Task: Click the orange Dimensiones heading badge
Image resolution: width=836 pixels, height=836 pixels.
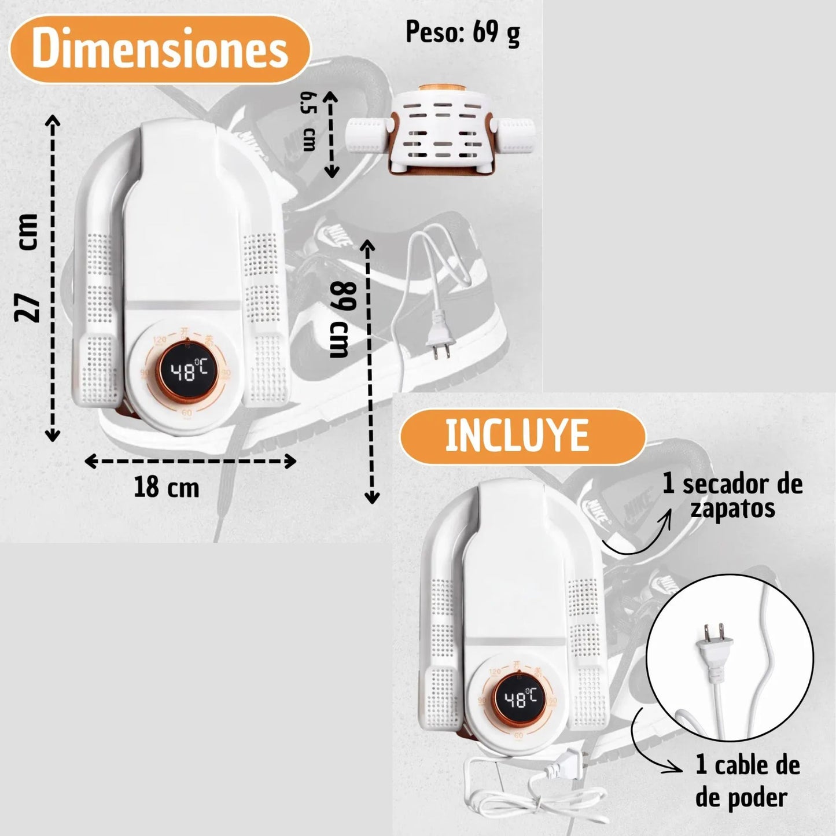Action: [x=160, y=49]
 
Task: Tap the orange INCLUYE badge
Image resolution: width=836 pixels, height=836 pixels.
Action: [x=522, y=437]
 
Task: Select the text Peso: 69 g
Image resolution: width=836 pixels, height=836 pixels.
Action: [x=462, y=33]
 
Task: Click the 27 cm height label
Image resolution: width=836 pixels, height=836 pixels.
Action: [x=27, y=267]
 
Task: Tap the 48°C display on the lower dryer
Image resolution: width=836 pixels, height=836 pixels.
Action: [x=521, y=699]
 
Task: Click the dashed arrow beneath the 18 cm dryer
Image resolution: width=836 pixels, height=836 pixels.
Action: [x=190, y=461]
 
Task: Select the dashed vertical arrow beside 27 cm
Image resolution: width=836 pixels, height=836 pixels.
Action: [x=53, y=278]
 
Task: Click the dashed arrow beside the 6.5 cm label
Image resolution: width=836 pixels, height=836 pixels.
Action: [x=332, y=134]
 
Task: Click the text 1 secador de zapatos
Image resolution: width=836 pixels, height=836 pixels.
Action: [x=733, y=496]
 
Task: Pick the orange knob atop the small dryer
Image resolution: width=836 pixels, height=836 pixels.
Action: [x=441, y=89]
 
